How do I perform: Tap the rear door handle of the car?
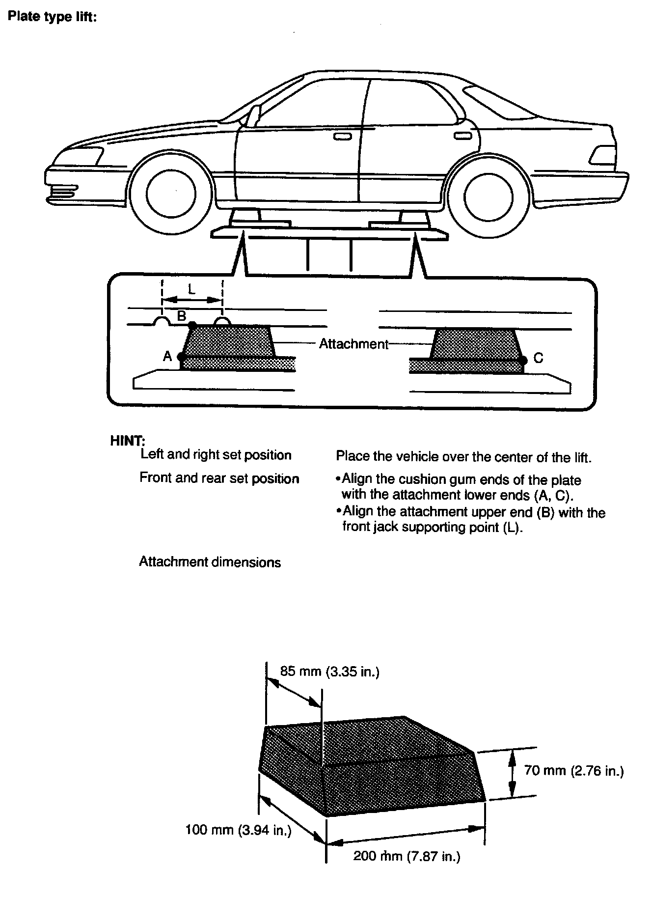462,136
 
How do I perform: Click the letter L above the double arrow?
191,289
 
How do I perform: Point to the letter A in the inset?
167,357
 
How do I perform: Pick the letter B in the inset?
181,316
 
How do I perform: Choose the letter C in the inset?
539,358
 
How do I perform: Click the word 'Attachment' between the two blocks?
353,344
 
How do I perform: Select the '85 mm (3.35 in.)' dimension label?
330,671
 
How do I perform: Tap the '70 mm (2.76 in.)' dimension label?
574,770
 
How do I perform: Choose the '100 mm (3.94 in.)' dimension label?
239,831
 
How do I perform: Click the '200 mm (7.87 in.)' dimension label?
407,857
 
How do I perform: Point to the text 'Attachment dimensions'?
210,562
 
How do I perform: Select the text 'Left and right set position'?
216,454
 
